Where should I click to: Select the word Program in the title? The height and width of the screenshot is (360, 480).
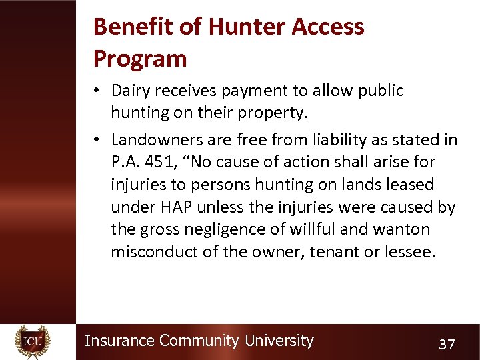point(140,59)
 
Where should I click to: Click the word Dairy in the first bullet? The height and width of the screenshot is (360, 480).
point(131,91)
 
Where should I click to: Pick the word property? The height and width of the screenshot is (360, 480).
point(275,113)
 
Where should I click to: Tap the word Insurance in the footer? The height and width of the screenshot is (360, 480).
point(120,341)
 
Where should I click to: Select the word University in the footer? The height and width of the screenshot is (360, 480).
point(279,341)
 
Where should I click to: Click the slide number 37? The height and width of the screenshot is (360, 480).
point(446,344)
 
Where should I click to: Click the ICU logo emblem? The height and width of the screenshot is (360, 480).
point(32,341)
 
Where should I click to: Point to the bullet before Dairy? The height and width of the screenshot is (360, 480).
point(97,91)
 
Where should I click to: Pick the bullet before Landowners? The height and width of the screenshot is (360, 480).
point(97,140)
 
